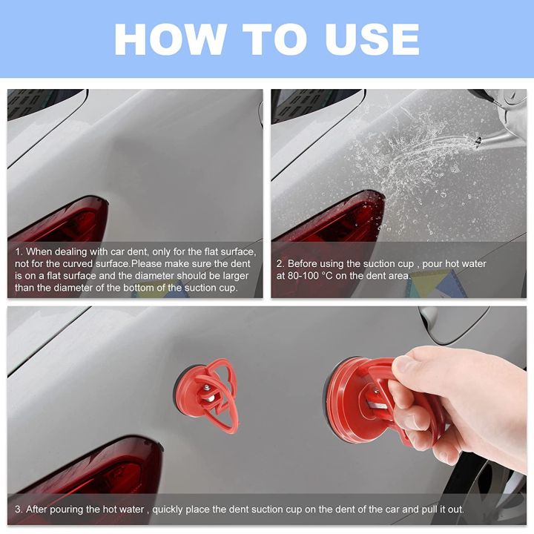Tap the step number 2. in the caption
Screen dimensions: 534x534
(280, 263)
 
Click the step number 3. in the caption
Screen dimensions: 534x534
(18, 510)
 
